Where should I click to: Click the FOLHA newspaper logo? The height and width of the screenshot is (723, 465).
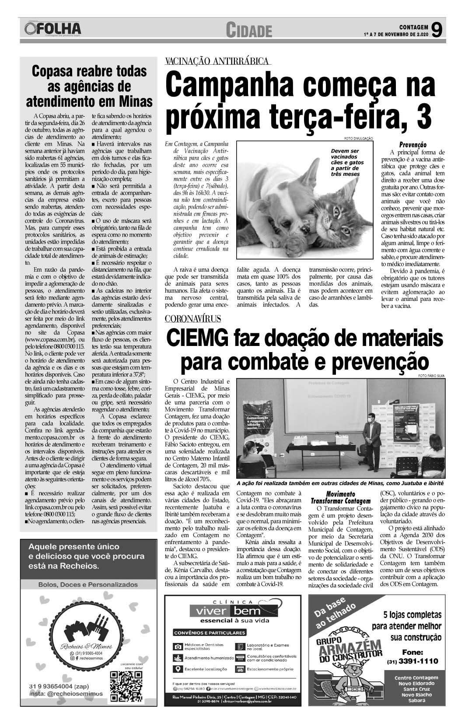[x=53, y=29]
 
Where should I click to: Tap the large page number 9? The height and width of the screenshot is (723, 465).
[x=436, y=30]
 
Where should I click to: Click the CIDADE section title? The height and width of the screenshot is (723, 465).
[x=249, y=31]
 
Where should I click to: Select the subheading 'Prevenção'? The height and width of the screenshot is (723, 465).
[x=413, y=145]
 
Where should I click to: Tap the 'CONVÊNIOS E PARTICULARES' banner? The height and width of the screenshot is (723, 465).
[x=210, y=632]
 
